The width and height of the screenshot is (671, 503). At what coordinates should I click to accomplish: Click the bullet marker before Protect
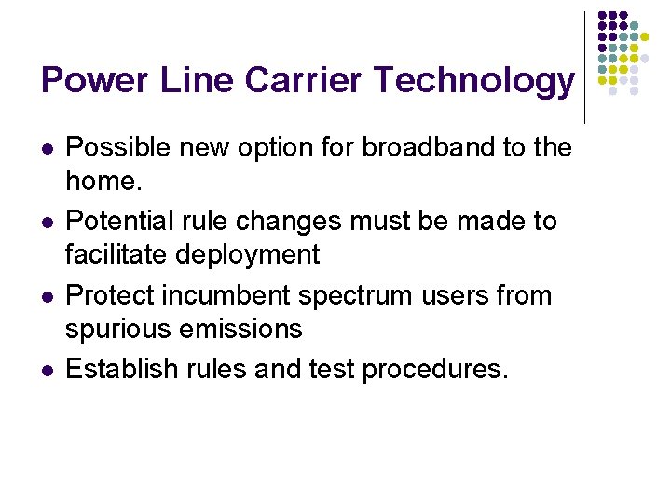click(47, 297)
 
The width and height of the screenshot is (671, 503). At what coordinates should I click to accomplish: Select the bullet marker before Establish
click(47, 371)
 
